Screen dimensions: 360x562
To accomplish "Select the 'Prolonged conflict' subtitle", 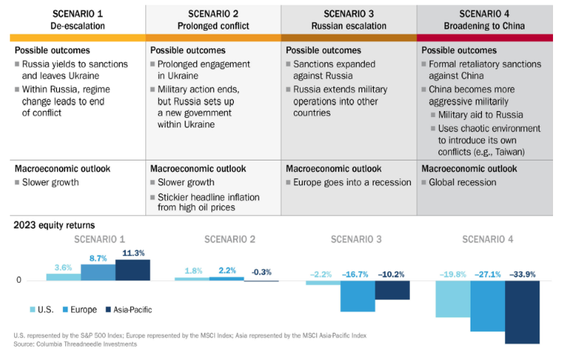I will click(x=213, y=25).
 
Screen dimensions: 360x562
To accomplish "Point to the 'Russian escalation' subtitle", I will click(x=348, y=25).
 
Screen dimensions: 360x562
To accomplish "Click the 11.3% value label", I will click(x=133, y=253).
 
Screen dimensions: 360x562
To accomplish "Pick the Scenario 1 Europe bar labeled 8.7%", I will click(x=97, y=272).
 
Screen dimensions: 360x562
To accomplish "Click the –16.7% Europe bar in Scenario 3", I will click(x=357, y=296).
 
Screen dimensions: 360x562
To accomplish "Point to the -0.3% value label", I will click(x=262, y=271).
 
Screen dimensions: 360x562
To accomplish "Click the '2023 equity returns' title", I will click(x=54, y=224).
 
